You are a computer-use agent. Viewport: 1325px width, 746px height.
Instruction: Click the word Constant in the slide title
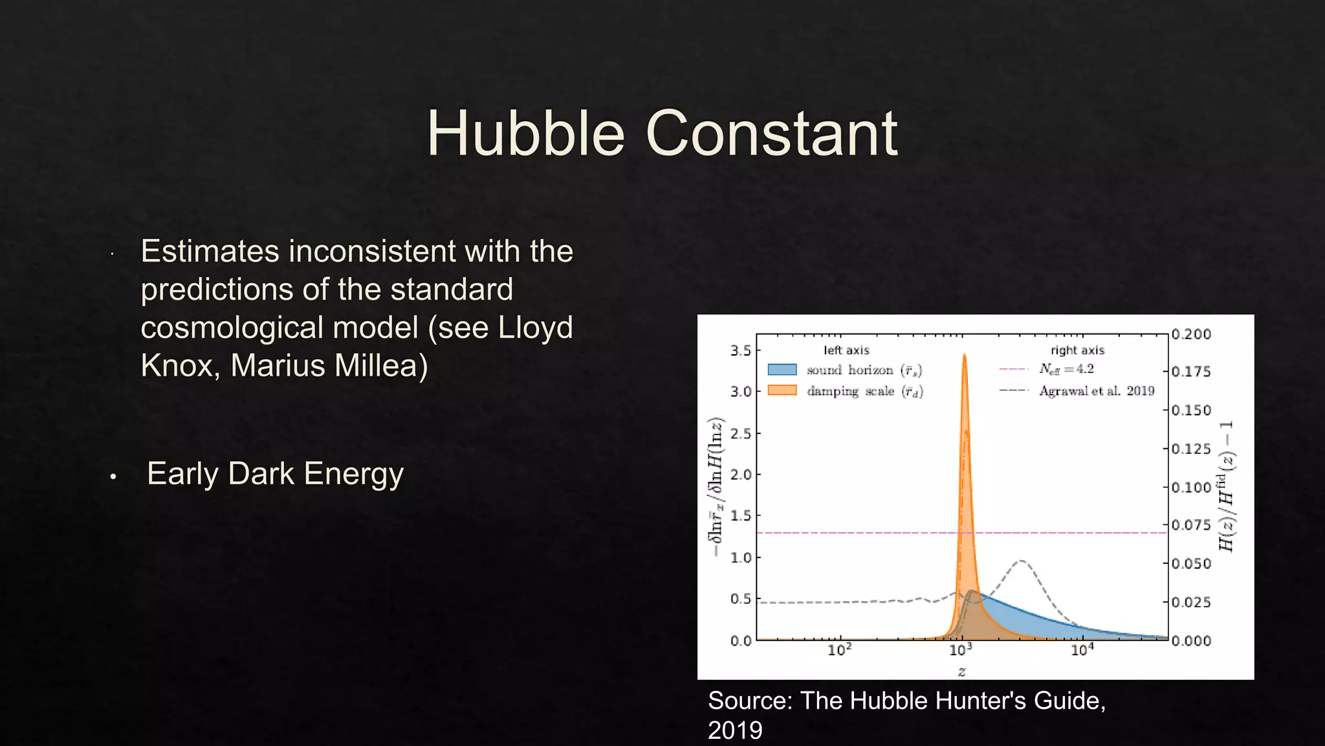[771, 133]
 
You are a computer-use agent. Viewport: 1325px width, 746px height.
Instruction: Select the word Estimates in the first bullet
[210, 251]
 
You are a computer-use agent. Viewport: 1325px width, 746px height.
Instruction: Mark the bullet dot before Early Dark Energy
[113, 478]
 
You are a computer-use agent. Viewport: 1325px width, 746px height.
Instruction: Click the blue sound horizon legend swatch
[782, 370]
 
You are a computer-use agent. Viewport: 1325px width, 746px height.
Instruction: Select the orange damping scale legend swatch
[782, 390]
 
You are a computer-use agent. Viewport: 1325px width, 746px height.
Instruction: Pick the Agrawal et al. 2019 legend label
[1097, 390]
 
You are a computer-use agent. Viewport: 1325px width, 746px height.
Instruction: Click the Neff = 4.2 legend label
[1066, 369]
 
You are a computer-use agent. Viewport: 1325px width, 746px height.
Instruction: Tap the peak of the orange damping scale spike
[964, 355]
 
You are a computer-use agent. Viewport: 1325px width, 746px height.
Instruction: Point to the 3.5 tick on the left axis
[741, 350]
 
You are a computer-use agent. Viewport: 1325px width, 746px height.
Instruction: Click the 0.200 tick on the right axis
[1191, 334]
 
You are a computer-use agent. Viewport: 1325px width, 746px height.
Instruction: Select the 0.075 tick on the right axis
[1191, 525]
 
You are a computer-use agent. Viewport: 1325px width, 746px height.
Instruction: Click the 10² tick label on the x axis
[839, 650]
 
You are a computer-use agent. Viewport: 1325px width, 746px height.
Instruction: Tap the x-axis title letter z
[962, 671]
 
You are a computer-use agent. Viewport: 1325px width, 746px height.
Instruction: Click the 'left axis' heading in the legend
[846, 350]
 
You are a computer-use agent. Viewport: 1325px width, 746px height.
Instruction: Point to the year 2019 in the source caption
[735, 730]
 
